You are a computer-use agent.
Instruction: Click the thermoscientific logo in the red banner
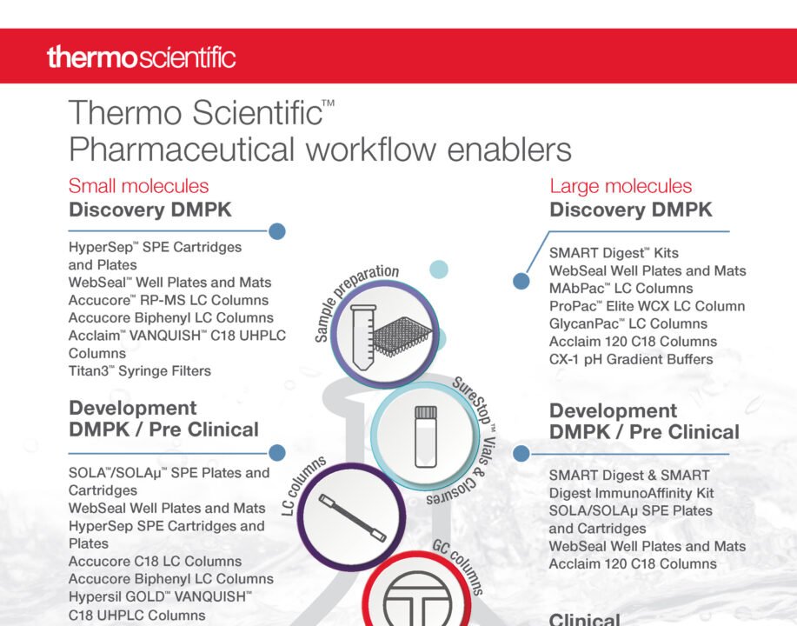click(142, 57)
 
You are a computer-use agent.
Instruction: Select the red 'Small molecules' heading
click(139, 186)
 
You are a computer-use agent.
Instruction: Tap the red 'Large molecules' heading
click(621, 186)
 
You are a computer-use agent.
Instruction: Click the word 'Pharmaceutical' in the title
click(182, 150)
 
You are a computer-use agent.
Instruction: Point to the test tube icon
click(363, 337)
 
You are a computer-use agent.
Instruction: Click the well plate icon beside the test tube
click(402, 336)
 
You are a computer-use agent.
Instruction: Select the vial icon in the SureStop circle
click(425, 436)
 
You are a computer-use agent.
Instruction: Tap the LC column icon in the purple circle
click(352, 518)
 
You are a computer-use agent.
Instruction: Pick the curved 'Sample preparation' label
click(352, 300)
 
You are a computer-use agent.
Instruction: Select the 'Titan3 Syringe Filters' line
click(140, 371)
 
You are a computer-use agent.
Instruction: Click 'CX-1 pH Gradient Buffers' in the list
click(631, 360)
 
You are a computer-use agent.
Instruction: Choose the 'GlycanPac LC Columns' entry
click(628, 324)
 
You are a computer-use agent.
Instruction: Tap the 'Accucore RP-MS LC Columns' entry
click(169, 301)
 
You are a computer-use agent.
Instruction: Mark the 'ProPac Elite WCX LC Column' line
click(647, 306)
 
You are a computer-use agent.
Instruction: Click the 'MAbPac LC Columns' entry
click(621, 289)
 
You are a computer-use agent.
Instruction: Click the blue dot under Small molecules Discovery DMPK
click(277, 231)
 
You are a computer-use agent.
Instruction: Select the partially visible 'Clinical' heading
click(585, 619)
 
